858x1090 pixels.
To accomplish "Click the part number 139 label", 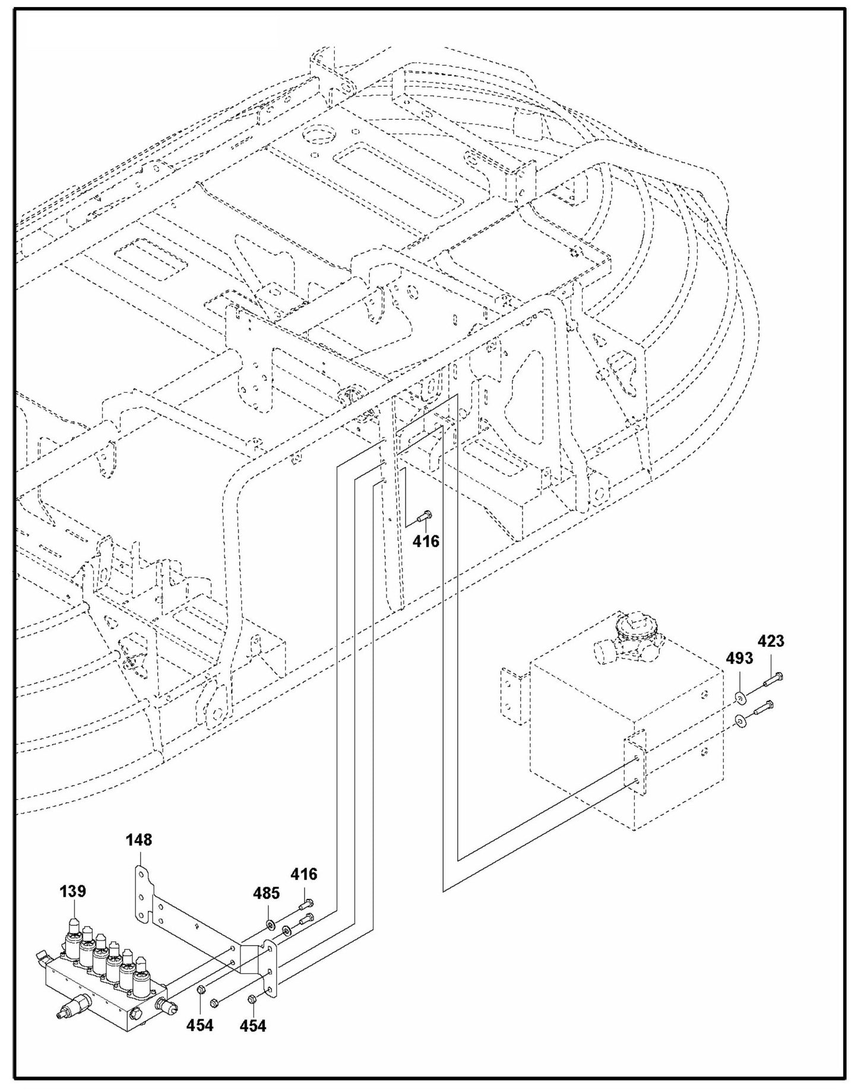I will (x=72, y=891).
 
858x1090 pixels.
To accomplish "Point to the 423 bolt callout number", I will (x=770, y=641).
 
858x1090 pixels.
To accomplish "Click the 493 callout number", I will (x=739, y=658).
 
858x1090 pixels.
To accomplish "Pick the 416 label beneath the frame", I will (x=426, y=541).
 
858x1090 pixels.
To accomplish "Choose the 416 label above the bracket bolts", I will (x=303, y=874).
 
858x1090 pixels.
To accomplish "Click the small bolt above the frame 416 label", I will (x=425, y=516).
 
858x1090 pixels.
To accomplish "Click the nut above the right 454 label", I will (x=252, y=999).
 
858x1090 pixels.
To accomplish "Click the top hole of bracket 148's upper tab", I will (x=140, y=874).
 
